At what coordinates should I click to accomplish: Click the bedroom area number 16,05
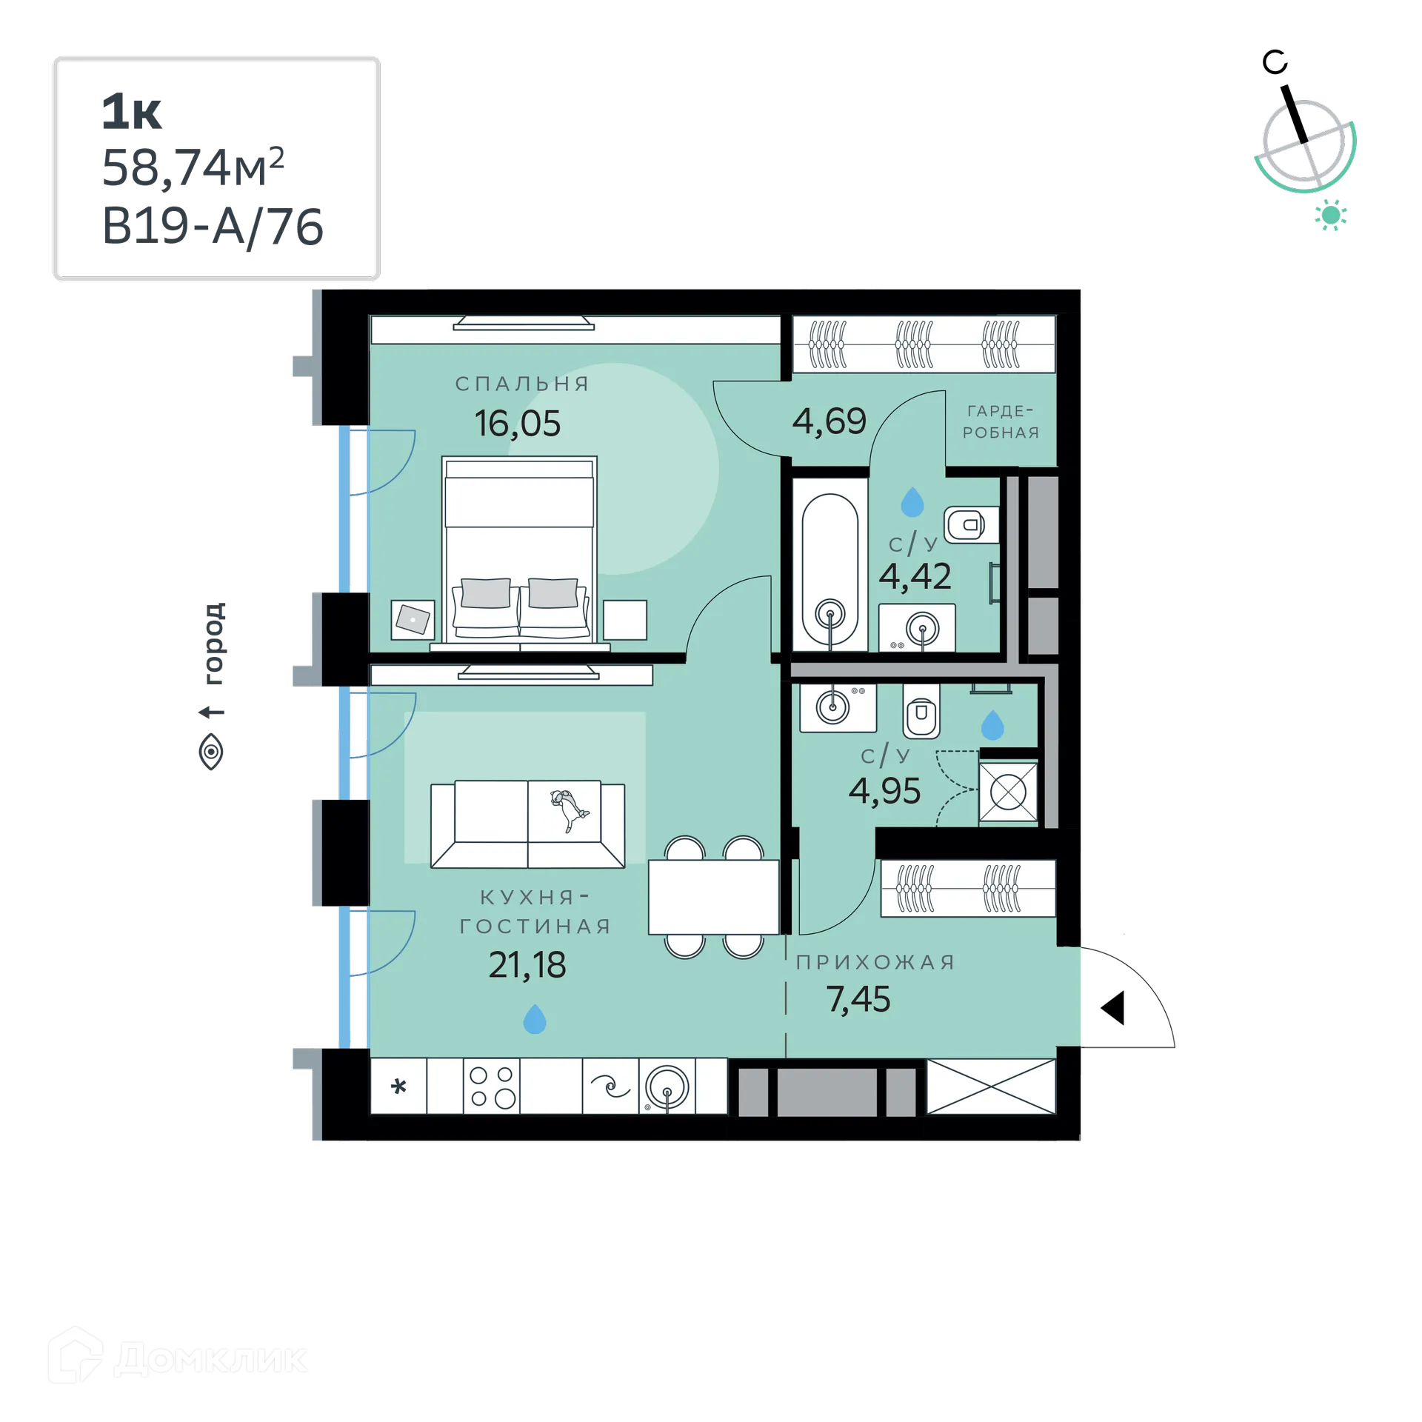click(517, 424)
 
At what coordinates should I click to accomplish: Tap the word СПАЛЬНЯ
click(522, 384)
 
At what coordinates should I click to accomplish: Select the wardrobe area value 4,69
click(829, 421)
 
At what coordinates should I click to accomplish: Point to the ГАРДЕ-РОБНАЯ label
click(1001, 422)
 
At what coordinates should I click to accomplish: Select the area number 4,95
click(884, 791)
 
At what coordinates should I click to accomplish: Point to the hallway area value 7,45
click(858, 999)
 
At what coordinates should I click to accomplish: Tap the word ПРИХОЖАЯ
click(875, 962)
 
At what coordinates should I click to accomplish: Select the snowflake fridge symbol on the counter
click(399, 1087)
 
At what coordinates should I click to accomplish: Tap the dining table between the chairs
click(713, 897)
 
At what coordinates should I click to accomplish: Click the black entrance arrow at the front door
click(1112, 1009)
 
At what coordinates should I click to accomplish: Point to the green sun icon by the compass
click(1331, 216)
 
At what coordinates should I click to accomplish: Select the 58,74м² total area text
click(195, 167)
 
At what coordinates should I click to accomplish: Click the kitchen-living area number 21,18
click(527, 965)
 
